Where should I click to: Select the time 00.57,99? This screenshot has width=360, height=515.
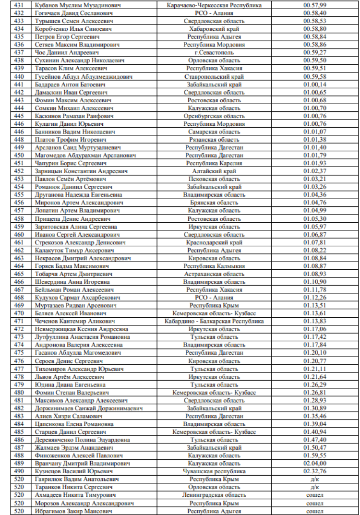click(x=315, y=5)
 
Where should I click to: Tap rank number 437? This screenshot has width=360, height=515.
click(x=19, y=52)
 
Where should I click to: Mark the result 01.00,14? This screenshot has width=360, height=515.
click(x=315, y=84)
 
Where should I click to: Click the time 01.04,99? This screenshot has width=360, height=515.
click(x=315, y=211)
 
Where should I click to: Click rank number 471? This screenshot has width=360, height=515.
click(x=19, y=321)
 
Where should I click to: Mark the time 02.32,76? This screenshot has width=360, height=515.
click(x=315, y=471)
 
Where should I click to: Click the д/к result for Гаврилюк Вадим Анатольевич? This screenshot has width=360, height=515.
click(x=315, y=479)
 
